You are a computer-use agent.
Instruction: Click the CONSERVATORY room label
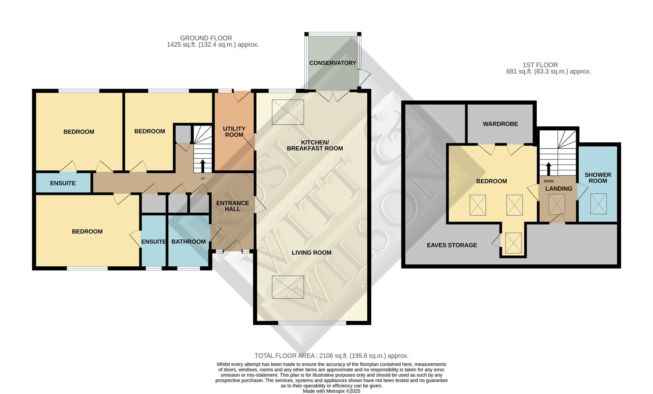332,63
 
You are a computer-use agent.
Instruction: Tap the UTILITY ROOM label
234,132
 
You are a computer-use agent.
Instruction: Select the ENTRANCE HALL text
232,206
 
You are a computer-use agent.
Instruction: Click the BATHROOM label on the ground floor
188,242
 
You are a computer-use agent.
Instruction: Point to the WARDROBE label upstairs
500,124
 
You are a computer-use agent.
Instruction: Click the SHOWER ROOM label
598,178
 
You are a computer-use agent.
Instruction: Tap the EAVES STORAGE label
451,245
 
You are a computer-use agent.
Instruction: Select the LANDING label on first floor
558,189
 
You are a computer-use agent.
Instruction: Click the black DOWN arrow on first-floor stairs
548,169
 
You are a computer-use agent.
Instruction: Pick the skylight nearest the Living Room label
288,287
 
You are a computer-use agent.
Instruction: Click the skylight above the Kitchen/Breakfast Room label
288,112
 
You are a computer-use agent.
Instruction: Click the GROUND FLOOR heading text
206,38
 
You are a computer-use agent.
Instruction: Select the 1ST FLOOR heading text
540,65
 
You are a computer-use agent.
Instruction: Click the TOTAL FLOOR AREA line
331,356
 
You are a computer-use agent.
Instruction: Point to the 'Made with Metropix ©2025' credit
331,391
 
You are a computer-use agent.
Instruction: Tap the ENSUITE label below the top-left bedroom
63,183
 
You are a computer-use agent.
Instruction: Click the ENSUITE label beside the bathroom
153,242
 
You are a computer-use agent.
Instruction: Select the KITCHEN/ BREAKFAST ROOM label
314,145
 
